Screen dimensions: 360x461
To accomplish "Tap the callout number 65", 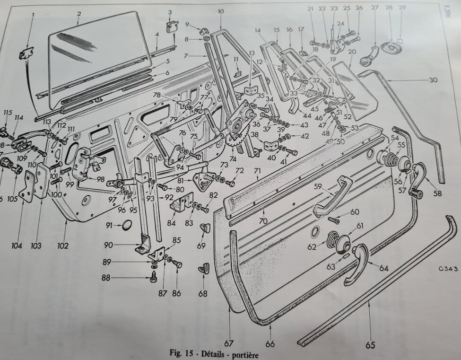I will [x=370, y=346].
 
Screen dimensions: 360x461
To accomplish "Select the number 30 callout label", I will [x=433, y=80].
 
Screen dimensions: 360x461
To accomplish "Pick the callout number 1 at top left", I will [x=33, y=15].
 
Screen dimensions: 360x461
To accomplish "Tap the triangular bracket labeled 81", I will [x=204, y=180].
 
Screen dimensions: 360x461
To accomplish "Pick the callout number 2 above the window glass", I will [x=79, y=14].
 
